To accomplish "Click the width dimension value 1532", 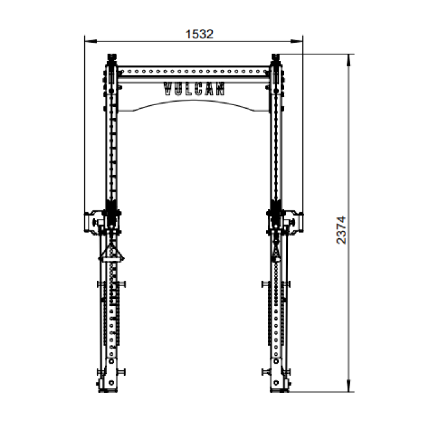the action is [199, 34].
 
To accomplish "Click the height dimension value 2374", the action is [341, 230].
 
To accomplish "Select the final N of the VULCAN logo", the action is [220, 89].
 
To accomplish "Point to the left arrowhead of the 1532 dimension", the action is [91, 41].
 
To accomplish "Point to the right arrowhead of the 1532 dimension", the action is [297, 41].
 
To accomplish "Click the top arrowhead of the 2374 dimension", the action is [349, 60].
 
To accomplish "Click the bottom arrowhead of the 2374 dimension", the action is [349, 386].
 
